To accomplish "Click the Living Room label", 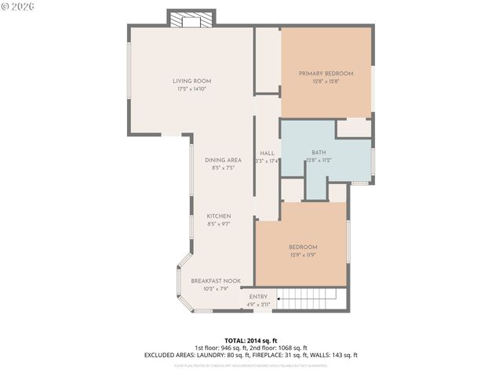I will pos(192,81).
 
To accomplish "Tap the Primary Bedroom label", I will pos(326,74).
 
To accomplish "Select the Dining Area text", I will pos(224,160).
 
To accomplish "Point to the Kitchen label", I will pos(218,216).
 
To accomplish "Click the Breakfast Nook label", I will pos(216,280).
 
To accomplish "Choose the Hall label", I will pos(267,153).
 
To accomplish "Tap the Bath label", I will pos(318,153).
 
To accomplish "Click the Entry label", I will pos(258,297).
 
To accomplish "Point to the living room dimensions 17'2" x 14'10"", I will pos(192,89).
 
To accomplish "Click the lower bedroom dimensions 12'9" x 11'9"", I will pos(303,255).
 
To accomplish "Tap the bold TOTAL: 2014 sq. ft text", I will pos(251,341).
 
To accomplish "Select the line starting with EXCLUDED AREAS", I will pos(251,355).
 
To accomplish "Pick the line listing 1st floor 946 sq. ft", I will pos(251,348).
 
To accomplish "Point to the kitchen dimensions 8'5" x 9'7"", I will pos(218,224).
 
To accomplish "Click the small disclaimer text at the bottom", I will pos(251,365).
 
